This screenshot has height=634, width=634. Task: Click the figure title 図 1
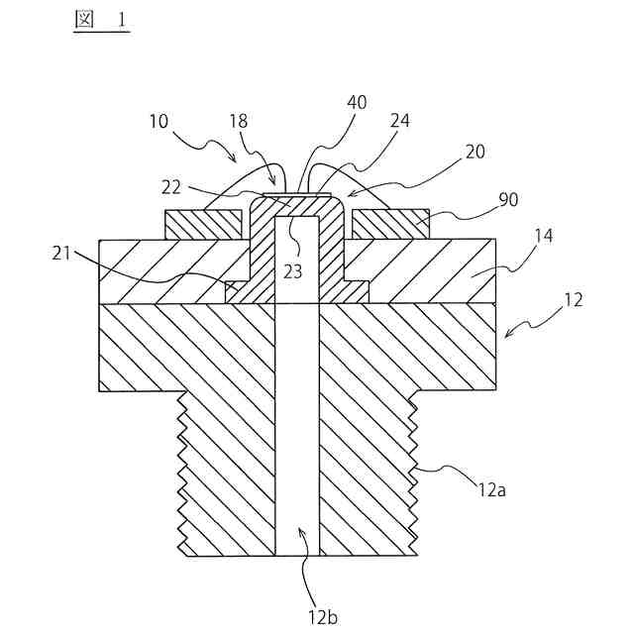101,19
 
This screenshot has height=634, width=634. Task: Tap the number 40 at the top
356,103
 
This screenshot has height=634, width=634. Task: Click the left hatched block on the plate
203,225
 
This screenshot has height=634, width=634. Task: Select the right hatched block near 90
389,225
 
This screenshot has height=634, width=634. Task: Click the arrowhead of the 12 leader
508,334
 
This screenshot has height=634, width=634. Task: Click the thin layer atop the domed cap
296,193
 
